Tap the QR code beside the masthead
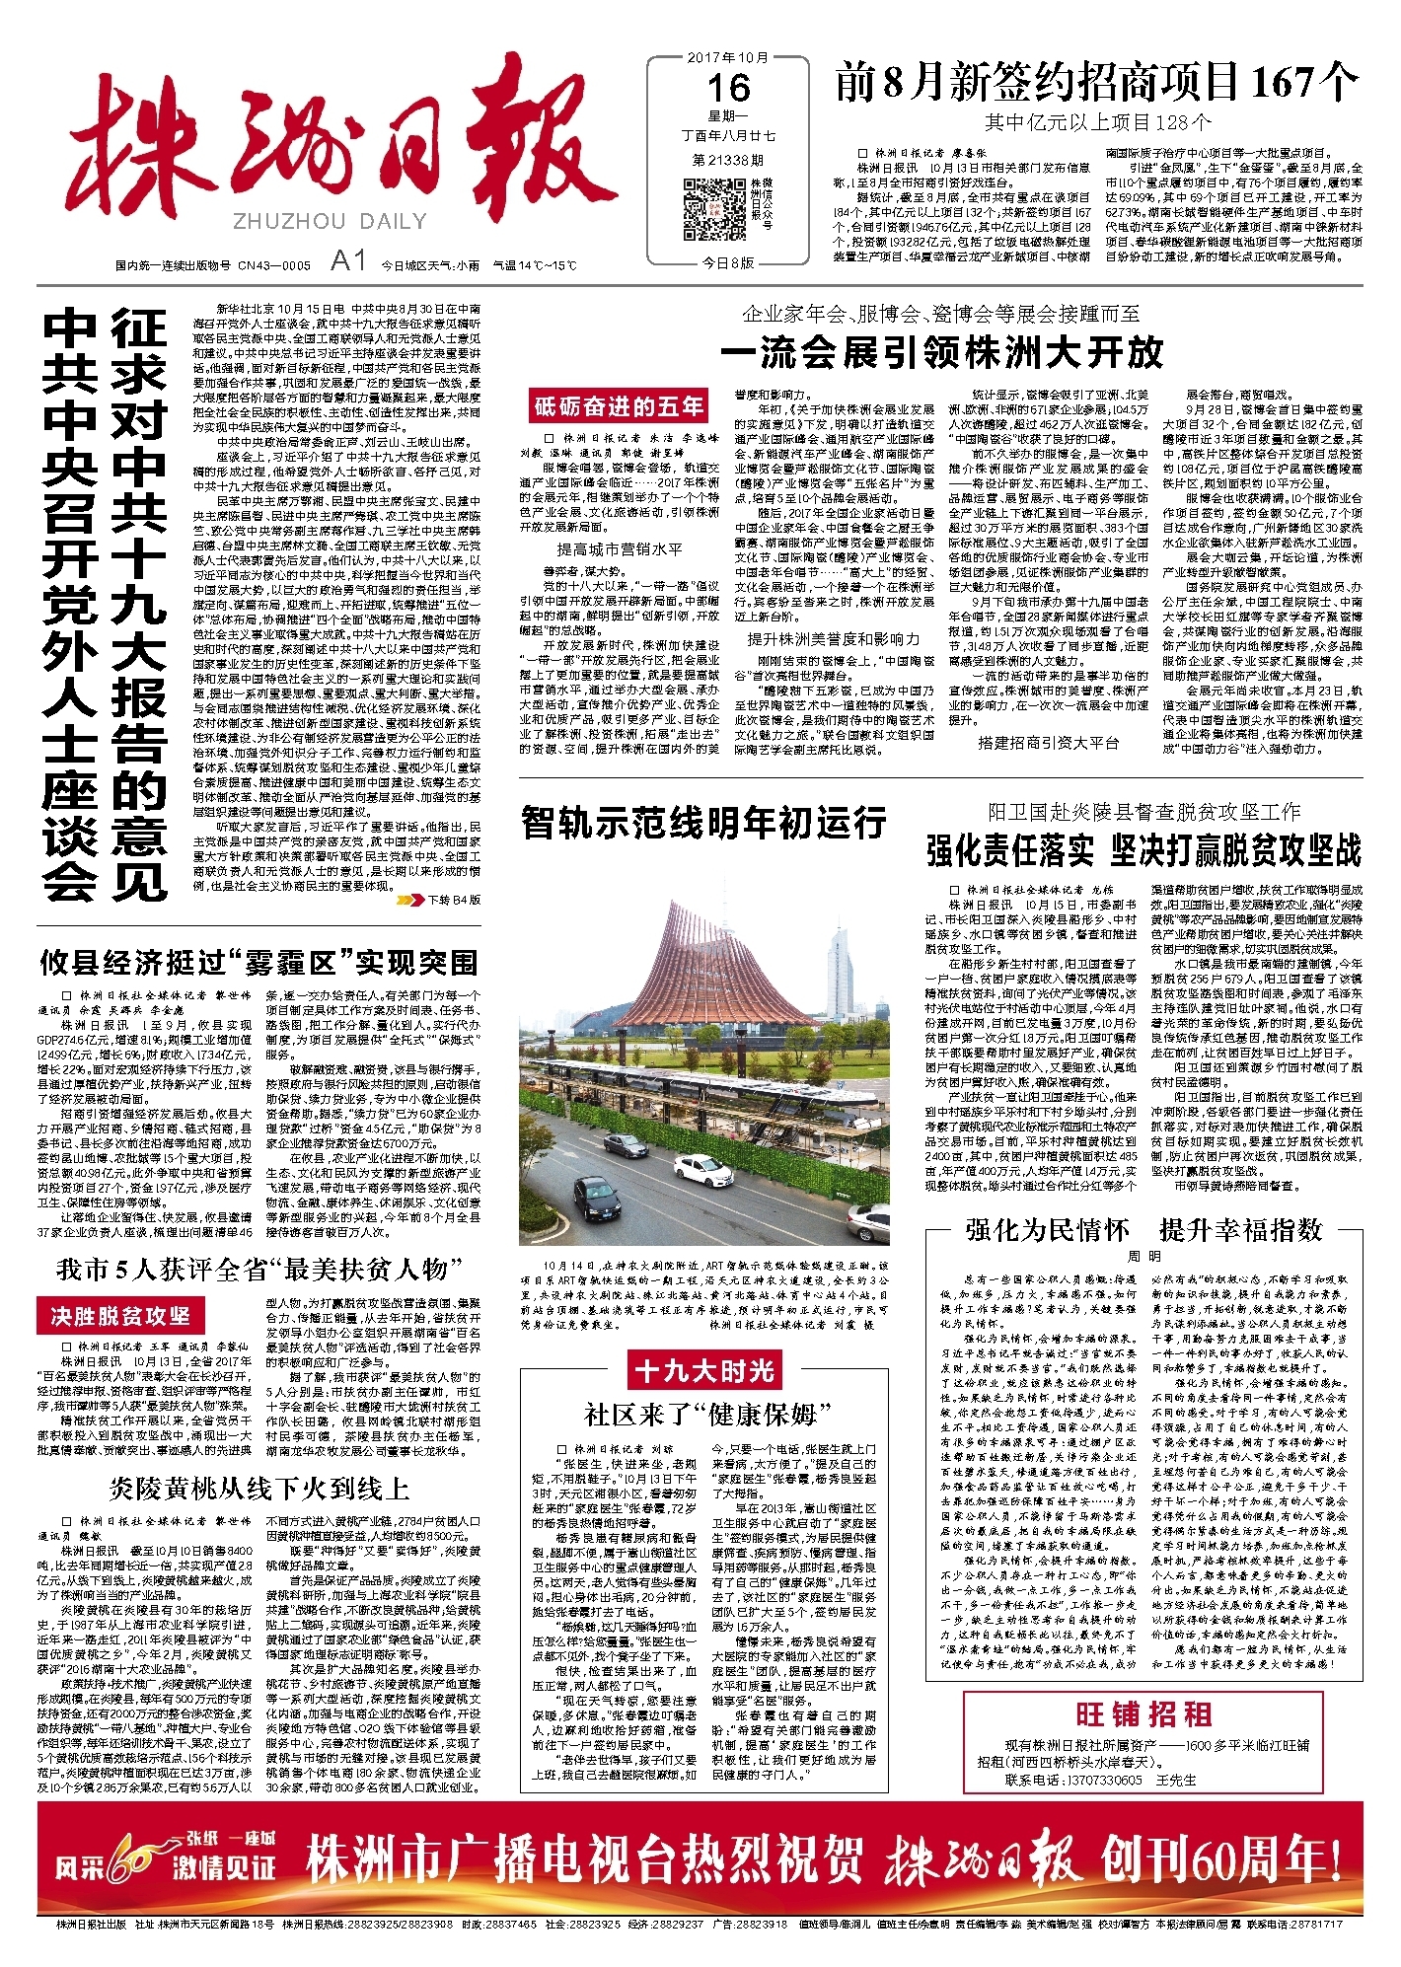coord(715,210)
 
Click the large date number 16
coord(728,89)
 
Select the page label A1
coord(348,261)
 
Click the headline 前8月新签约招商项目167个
coord(1096,82)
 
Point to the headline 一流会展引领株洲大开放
coord(941,352)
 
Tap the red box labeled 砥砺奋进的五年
coord(620,406)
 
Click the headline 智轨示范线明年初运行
coord(703,822)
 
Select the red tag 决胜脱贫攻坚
coord(120,1316)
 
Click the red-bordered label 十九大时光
coord(704,1370)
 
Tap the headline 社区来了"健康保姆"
coord(707,1415)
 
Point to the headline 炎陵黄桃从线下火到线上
coord(258,1488)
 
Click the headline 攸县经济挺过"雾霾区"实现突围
coord(258,962)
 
